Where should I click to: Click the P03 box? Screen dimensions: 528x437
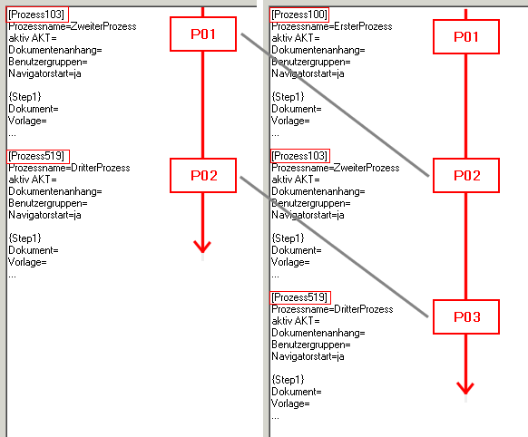(x=466, y=317)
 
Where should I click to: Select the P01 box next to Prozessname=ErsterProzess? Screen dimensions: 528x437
(x=466, y=36)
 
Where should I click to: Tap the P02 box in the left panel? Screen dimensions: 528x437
(x=203, y=176)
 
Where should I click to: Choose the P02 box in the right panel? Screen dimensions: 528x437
(x=466, y=176)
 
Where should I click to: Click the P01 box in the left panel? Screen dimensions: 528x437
(x=203, y=34)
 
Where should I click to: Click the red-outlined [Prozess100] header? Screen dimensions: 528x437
(x=299, y=15)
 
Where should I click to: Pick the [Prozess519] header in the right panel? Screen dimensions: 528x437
(x=300, y=297)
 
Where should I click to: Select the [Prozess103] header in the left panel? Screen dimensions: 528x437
(x=37, y=15)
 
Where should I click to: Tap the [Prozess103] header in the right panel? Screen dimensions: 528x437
(x=299, y=156)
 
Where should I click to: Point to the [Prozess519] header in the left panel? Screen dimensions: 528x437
(x=38, y=157)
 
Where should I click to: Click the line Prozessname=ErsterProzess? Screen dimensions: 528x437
(x=332, y=26)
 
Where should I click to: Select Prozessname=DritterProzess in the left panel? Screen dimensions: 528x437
(x=69, y=168)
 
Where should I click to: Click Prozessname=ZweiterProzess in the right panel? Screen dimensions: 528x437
(x=336, y=168)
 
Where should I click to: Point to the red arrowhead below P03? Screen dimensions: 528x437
(x=465, y=388)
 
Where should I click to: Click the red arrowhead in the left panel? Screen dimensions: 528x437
(x=202, y=247)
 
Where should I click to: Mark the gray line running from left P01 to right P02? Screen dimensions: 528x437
(x=335, y=104)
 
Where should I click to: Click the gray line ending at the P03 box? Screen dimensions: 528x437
(x=334, y=247)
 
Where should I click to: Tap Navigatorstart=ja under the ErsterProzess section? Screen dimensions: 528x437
(x=308, y=73)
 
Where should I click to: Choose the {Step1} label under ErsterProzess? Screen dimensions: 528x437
(x=288, y=97)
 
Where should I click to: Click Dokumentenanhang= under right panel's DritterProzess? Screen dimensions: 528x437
(x=318, y=333)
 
